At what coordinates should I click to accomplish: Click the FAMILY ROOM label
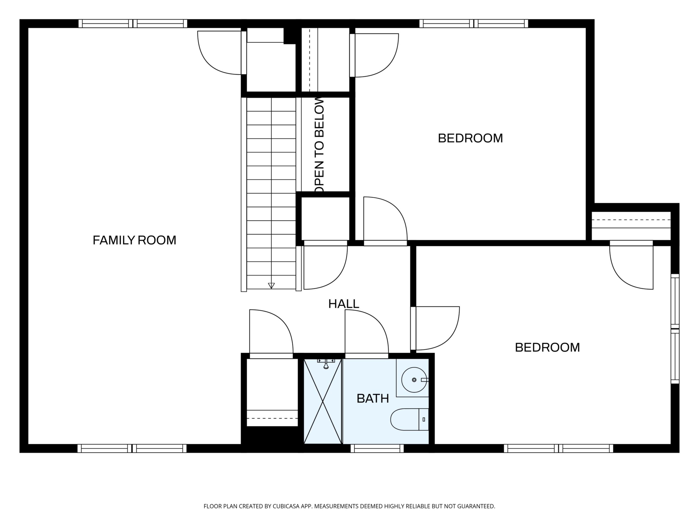[x=134, y=240]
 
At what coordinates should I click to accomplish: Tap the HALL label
[x=344, y=304]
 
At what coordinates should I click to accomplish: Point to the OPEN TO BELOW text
[x=320, y=145]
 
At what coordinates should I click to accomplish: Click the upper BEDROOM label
[x=470, y=138]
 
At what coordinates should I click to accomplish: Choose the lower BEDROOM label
[x=547, y=347]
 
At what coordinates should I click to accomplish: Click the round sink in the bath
[x=414, y=380]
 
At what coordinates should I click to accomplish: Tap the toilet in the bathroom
[x=409, y=420]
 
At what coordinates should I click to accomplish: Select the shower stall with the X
[x=323, y=401]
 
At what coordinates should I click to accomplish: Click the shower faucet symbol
[x=326, y=364]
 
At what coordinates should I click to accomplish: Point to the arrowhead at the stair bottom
[x=271, y=286]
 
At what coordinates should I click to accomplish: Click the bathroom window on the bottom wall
[x=377, y=448]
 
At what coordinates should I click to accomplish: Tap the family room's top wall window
[x=133, y=24]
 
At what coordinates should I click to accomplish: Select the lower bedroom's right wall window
[x=675, y=329]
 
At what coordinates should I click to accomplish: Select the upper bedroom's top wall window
[x=474, y=24]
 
